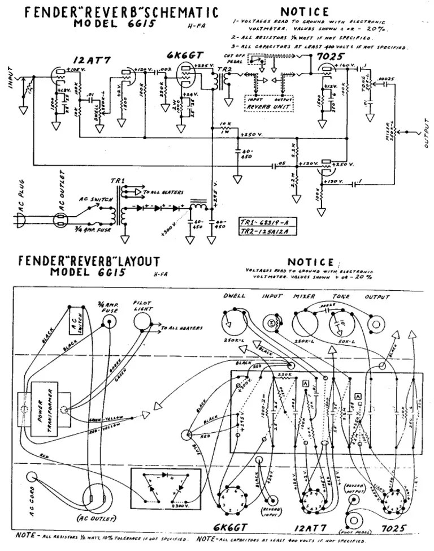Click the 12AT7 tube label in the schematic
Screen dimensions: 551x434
pos(86,61)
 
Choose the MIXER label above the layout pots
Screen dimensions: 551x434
pos(303,296)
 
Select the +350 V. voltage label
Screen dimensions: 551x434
pos(251,135)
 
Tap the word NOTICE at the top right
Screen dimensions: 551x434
pos(304,11)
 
